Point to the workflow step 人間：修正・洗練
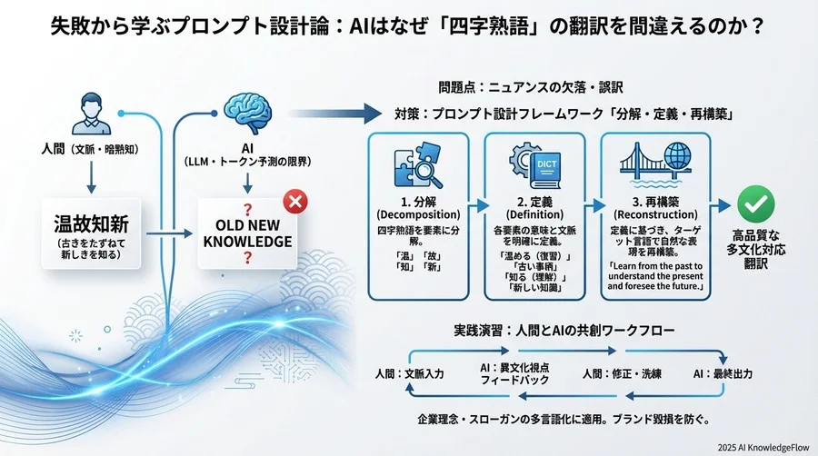pos(622,373)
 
